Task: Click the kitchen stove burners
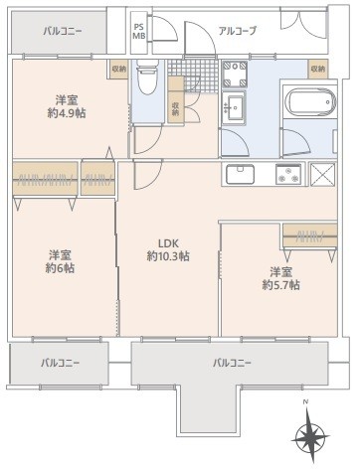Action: point(289,176)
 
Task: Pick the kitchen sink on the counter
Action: point(242,176)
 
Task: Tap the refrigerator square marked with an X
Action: point(323,176)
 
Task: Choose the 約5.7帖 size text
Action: point(280,285)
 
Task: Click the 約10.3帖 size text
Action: point(168,256)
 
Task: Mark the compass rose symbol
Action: point(312,435)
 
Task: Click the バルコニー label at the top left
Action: point(62,32)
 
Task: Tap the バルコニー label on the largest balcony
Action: point(232,362)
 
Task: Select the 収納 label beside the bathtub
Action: point(317,70)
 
